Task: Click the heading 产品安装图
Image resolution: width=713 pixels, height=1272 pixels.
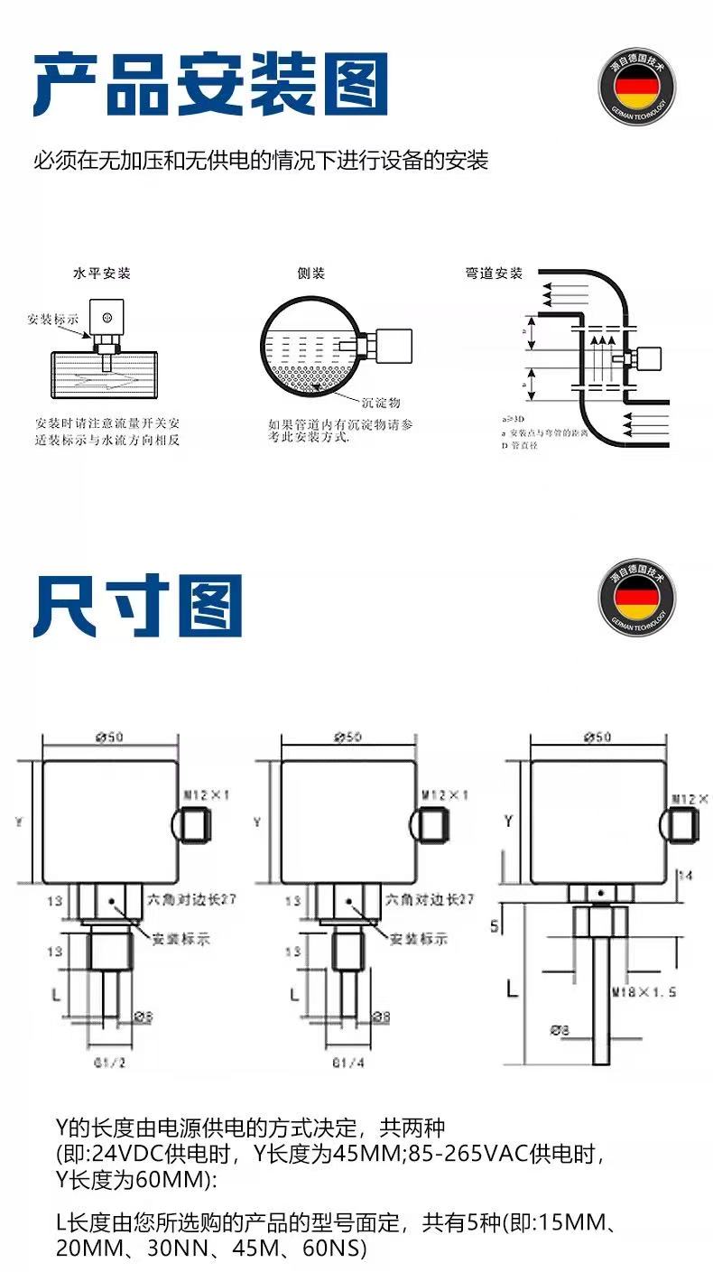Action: (211, 84)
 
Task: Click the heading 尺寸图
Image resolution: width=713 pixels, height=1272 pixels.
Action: (138, 607)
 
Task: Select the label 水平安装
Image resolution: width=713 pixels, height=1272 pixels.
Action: (101, 274)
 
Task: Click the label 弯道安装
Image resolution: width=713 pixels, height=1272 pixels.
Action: (494, 274)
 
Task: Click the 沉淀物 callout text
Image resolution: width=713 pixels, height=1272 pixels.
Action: (380, 403)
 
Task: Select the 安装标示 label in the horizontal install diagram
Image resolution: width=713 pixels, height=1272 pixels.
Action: (53, 320)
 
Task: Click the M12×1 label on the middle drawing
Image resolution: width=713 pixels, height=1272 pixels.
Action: (445, 795)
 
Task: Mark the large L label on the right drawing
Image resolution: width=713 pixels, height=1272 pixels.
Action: (512, 988)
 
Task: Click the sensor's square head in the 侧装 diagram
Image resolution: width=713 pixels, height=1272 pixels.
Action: (392, 346)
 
